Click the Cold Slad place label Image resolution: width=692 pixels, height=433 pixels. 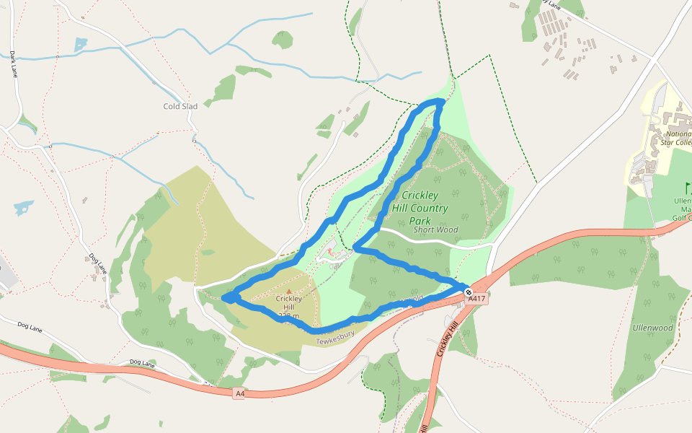pos(180,106)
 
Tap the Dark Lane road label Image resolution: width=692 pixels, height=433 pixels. pos(13,64)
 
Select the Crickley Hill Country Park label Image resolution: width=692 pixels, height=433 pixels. pos(425,208)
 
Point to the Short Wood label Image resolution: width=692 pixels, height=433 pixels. pos(435,230)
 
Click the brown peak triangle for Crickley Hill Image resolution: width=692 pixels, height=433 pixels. pos(289,292)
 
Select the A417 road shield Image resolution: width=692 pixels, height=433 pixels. pos(476,298)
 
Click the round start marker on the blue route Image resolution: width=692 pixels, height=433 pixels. pos(468,292)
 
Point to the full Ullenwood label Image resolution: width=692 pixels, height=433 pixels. pos(652,328)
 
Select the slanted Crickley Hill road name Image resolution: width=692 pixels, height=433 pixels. pos(447,338)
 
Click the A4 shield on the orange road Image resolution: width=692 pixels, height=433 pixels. pos(240,393)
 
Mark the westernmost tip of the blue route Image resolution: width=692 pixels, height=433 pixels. pos(224,297)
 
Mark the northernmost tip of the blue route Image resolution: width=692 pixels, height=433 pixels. pos(440,101)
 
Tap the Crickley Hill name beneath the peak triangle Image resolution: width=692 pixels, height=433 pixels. pos(289,299)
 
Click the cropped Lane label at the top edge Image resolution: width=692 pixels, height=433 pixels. pos(551,6)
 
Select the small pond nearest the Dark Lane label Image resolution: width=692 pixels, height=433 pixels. pos(79,44)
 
